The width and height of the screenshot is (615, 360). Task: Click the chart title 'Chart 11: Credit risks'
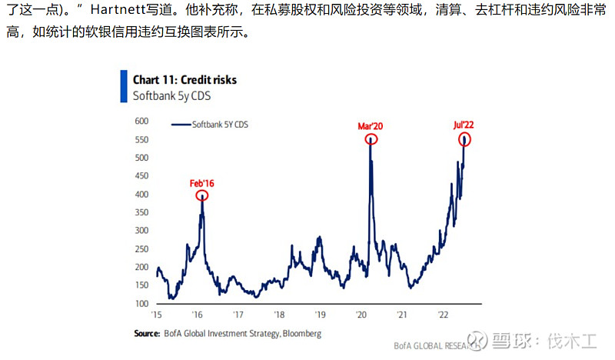(x=184, y=80)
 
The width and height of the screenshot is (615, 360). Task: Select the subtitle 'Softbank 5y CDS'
(x=171, y=96)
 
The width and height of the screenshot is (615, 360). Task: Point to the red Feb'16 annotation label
(x=202, y=183)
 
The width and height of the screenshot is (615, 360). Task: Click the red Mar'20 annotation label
(x=371, y=126)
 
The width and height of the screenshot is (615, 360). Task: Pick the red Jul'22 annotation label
(x=464, y=125)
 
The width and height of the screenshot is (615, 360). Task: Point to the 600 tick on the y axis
(x=141, y=121)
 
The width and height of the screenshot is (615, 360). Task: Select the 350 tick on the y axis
(x=141, y=212)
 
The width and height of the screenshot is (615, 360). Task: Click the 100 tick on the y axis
(x=141, y=304)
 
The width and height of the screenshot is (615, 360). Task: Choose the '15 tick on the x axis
(x=156, y=315)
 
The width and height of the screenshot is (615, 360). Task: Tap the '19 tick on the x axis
(x=320, y=315)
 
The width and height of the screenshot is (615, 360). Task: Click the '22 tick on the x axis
(x=443, y=315)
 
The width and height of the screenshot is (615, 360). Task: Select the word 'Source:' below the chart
(x=147, y=333)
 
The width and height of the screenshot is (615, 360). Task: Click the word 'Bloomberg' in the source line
(x=302, y=334)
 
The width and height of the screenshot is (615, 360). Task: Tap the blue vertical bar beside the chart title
(x=124, y=86)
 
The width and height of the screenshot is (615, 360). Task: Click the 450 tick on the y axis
(x=141, y=176)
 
